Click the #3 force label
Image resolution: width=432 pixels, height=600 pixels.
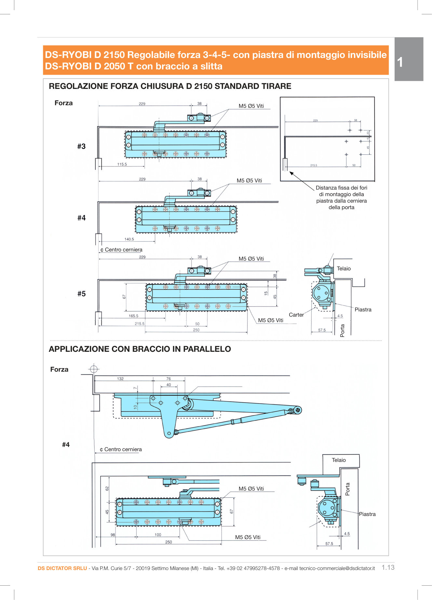click(81, 146)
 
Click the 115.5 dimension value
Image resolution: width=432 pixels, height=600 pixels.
click(122, 164)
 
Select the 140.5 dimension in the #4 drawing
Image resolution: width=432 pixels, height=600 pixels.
click(129, 239)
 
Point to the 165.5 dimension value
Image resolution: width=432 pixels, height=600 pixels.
click(133, 316)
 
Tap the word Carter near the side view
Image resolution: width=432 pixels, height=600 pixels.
click(296, 315)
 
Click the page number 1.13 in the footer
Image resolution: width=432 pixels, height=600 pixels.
click(388, 567)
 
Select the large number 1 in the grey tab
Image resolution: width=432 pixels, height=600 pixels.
click(400, 62)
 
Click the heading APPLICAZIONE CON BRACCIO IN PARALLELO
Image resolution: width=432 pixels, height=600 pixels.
click(140, 349)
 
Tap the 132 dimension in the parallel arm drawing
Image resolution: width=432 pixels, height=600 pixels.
click(120, 379)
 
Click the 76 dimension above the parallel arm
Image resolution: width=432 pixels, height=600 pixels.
click(169, 379)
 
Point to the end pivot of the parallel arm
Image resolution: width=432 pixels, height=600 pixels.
click(297, 410)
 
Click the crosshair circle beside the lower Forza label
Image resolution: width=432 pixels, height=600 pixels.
click(94, 369)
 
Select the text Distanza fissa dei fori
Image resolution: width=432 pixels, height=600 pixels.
click(341, 188)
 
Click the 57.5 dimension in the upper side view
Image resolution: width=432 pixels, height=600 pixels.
click(322, 330)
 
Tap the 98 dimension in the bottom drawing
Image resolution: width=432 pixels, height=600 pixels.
click(113, 535)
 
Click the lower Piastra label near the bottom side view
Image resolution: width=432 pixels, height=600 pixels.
click(367, 514)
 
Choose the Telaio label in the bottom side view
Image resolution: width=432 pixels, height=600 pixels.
click(339, 460)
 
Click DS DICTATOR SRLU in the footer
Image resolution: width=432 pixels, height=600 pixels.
click(62, 568)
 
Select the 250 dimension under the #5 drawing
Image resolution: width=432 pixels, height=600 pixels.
click(196, 330)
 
